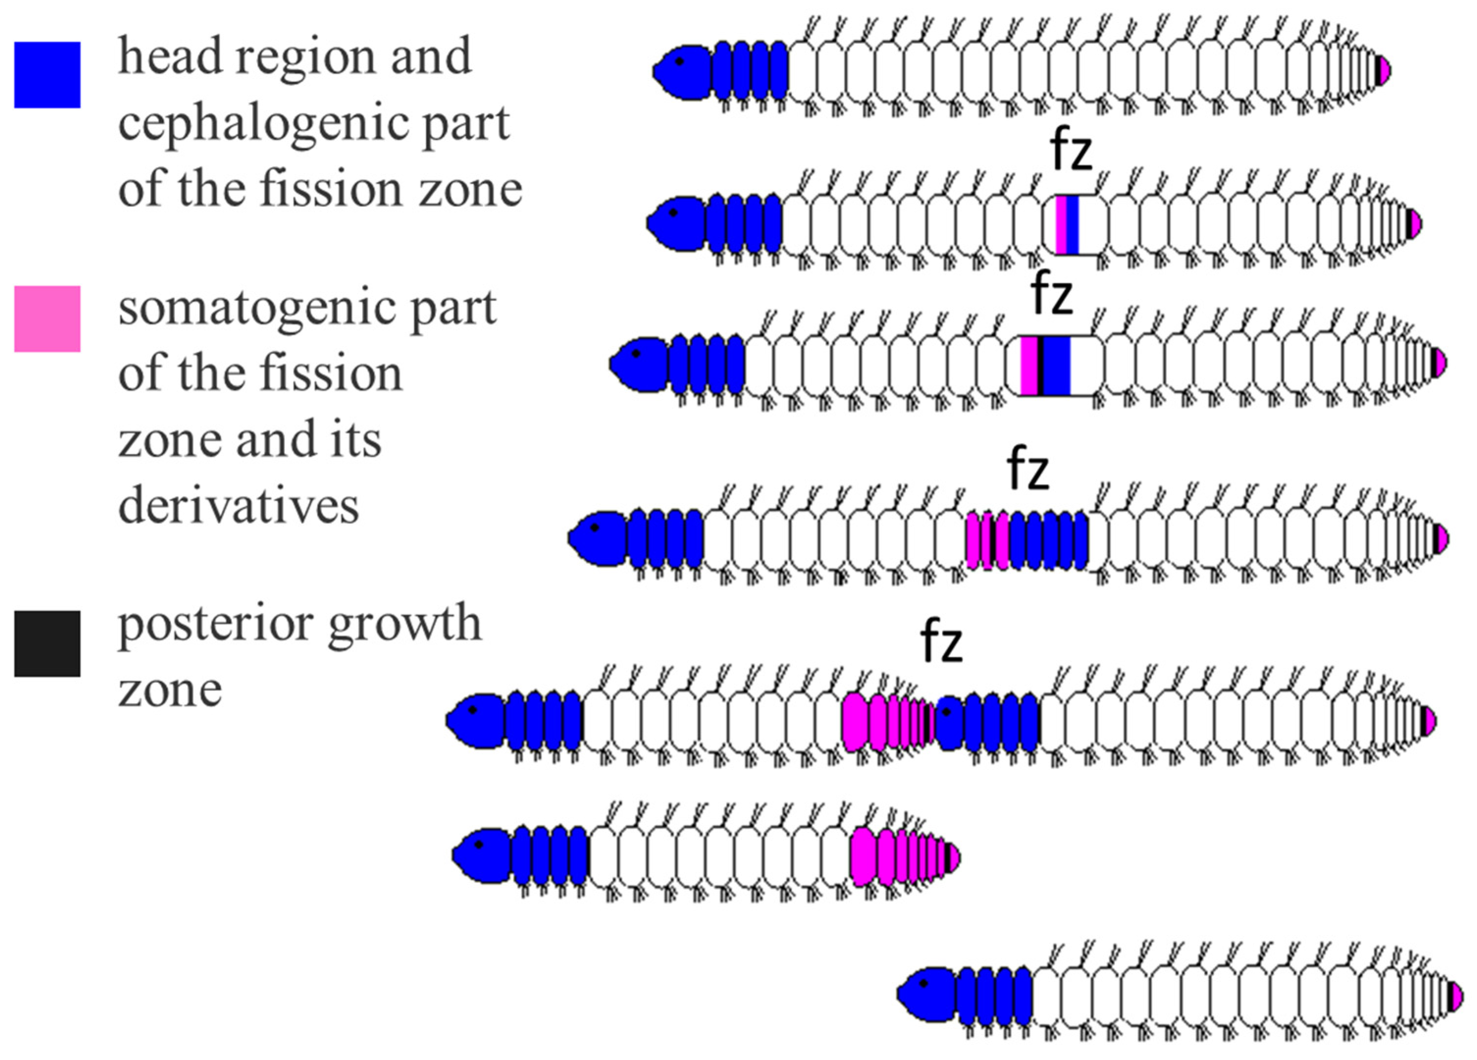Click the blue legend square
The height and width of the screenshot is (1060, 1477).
(47, 75)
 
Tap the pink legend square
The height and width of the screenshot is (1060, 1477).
(47, 319)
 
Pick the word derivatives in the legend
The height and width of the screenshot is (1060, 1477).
(238, 506)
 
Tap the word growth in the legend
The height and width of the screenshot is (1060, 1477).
(404, 624)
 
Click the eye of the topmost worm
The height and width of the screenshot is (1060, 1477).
(679, 61)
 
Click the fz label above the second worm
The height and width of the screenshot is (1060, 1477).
(1071, 151)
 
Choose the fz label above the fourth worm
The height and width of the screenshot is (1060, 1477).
(1028, 469)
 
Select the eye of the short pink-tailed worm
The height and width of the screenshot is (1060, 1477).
(479, 845)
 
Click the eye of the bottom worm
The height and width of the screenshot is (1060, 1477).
(923, 983)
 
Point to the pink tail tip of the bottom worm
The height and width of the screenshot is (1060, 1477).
(1457, 997)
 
